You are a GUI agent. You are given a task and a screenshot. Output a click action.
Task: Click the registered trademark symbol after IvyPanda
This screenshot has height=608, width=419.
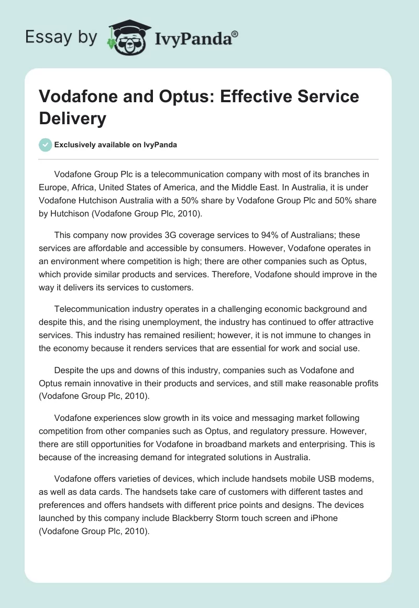(x=235, y=34)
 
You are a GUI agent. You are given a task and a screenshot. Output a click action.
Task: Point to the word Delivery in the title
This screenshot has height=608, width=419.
(x=72, y=118)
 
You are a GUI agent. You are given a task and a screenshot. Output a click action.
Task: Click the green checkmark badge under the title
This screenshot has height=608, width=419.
(x=46, y=145)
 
